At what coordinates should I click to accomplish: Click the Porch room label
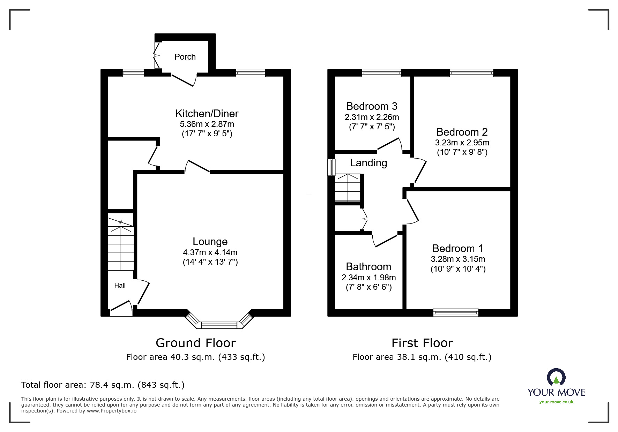(185, 57)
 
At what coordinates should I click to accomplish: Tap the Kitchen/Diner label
(207, 114)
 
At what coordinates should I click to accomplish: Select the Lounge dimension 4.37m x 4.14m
(210, 252)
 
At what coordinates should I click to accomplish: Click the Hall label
(120, 286)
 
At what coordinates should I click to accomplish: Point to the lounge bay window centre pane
(219, 325)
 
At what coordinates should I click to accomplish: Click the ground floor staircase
(121, 244)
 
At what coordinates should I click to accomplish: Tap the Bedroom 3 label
(372, 106)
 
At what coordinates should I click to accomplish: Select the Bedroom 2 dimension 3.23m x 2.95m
(462, 143)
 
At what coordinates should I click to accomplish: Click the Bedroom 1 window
(455, 313)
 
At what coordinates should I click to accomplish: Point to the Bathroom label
(368, 267)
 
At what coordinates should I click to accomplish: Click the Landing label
(368, 163)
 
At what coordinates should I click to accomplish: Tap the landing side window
(331, 167)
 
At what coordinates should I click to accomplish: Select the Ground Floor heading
(196, 343)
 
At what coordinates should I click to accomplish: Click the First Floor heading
(422, 343)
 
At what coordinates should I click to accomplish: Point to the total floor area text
(103, 385)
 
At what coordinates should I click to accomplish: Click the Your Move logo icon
(556, 377)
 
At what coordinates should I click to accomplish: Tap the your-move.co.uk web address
(556, 402)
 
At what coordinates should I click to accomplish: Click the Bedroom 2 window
(471, 73)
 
